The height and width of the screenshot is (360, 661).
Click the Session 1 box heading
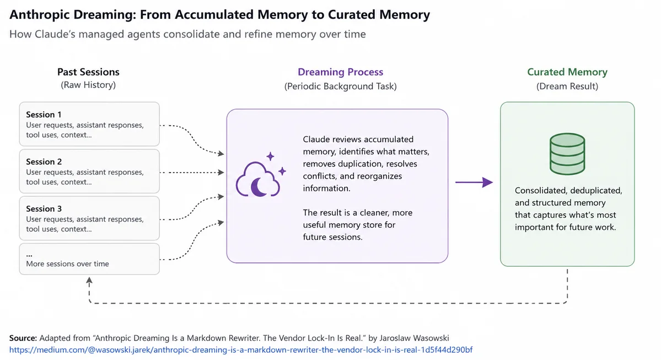(x=44, y=115)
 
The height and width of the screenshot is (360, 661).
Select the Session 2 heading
(x=44, y=162)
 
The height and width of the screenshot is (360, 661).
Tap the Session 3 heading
(x=44, y=209)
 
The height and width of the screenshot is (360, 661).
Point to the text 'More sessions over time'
(x=67, y=264)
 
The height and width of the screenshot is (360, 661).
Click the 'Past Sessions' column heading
(x=89, y=72)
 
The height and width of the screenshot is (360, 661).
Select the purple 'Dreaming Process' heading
(x=340, y=72)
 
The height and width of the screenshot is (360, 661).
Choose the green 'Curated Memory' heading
(x=567, y=72)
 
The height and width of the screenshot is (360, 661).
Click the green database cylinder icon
(x=567, y=154)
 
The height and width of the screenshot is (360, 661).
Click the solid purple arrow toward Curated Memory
(x=474, y=182)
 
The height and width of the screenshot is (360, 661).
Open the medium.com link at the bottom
(x=241, y=350)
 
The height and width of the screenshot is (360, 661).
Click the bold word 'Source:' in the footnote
(x=23, y=338)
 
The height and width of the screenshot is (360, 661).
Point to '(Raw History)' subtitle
(x=88, y=85)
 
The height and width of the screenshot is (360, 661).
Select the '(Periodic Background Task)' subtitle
(x=340, y=87)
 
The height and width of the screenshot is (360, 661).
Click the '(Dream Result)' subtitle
(x=567, y=87)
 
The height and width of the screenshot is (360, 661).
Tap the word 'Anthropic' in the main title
(x=39, y=15)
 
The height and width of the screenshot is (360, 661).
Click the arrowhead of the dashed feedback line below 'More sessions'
(x=89, y=280)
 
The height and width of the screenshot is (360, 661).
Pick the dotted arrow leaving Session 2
(x=192, y=173)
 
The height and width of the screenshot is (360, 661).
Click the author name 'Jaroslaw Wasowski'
(x=414, y=338)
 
